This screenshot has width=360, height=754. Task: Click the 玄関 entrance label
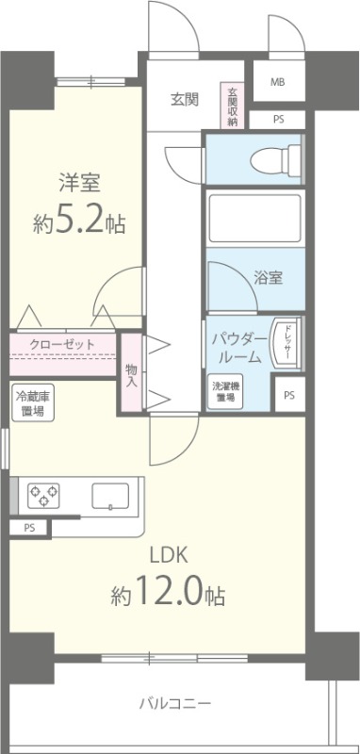184,100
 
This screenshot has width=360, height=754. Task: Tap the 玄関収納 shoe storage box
232,107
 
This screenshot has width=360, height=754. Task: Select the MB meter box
277,82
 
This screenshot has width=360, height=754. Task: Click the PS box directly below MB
277,119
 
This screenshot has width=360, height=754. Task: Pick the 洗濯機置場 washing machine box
223,391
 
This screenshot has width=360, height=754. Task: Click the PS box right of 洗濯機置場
288,395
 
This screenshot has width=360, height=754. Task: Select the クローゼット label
62,344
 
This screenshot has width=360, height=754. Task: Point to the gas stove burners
42,494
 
